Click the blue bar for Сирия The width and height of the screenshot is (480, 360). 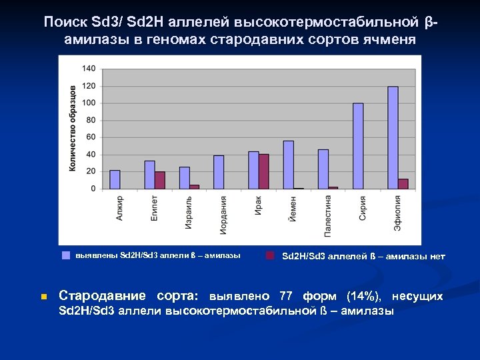point(358,146)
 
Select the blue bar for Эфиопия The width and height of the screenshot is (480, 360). point(393,137)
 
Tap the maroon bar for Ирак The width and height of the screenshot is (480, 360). point(264,171)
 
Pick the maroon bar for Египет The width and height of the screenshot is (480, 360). point(160,180)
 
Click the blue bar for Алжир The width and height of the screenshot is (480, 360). point(115,179)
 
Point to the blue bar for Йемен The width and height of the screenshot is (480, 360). point(289,165)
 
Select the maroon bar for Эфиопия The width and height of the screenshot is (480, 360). point(403,183)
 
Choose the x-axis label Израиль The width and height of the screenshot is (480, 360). point(189,213)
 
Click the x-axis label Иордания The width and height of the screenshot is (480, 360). point(224,215)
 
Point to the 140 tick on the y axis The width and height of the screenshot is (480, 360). point(89,69)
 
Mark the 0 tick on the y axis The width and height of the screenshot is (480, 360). point(93,189)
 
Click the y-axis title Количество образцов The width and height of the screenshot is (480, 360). point(73,128)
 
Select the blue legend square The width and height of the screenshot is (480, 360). point(66,255)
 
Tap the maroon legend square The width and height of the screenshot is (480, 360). point(270,255)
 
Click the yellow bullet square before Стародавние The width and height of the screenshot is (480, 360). point(43,297)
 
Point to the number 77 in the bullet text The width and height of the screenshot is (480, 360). point(285,296)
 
